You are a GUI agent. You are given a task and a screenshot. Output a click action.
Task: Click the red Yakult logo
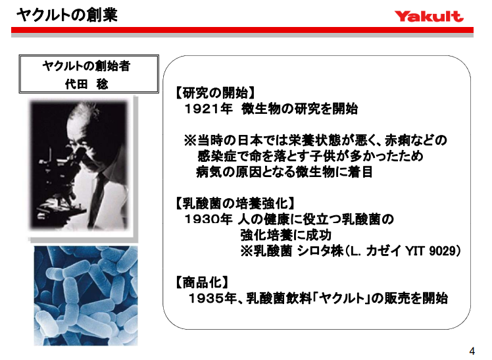pos(429,16)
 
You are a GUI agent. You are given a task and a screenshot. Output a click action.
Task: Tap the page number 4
pos(472,349)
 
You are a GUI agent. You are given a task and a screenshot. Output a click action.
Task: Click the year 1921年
pos(209,109)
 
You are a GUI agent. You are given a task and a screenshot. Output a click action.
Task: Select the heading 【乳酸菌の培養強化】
pos(235,203)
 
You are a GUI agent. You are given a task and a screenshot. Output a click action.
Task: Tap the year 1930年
pos(209,219)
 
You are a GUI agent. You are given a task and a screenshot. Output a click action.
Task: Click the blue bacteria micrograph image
pos(86,296)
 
